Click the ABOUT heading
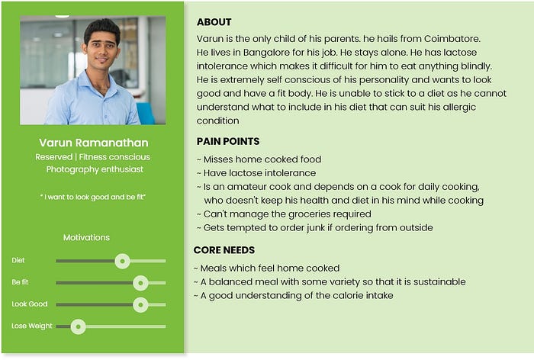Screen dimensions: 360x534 coord(214,22)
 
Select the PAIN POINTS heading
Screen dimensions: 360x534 coord(228,141)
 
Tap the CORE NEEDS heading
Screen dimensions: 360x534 coord(224,250)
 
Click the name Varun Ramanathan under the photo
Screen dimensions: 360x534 coord(94,143)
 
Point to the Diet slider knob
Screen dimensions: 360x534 coord(122,261)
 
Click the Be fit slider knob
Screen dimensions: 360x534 coord(140,283)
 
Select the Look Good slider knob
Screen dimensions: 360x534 coord(140,304)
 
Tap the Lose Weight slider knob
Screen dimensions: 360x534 coord(77,326)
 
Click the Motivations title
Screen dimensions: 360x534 coord(86,237)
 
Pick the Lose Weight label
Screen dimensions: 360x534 coord(32,326)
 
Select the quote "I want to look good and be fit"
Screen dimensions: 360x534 coord(92,197)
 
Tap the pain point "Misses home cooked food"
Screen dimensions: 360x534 coord(259,159)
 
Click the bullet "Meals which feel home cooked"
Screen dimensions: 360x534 coord(269,268)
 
